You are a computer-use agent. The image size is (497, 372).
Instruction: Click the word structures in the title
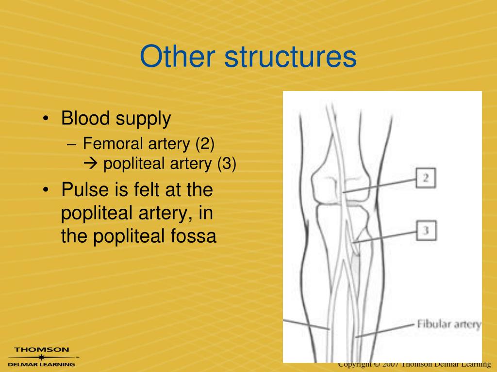[290, 57]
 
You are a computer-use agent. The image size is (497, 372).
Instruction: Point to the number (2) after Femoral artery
[205, 144]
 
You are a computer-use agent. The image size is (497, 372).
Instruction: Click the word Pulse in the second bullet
[82, 189]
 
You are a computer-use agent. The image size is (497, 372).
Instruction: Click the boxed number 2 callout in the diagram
[426, 178]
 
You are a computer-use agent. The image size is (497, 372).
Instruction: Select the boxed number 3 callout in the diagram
[426, 231]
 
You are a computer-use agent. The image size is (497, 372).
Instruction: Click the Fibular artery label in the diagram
[449, 324]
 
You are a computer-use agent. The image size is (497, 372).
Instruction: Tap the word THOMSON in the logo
[41, 349]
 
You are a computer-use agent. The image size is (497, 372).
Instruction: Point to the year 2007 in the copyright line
[390, 364]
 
